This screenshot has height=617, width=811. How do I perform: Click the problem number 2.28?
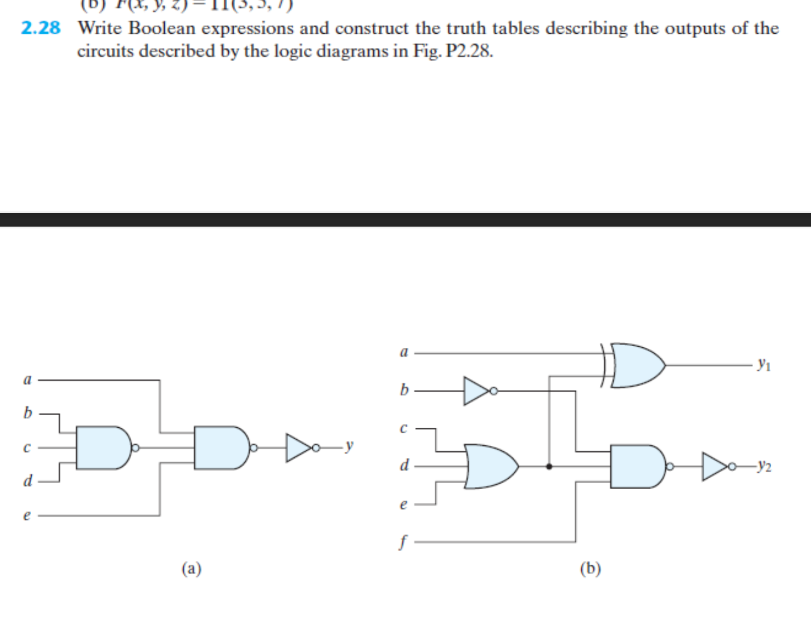pos(41,28)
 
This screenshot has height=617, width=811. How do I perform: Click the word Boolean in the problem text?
pos(161,28)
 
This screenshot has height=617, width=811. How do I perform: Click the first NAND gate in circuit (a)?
pos(103,448)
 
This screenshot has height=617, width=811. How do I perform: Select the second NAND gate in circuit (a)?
pos(222,448)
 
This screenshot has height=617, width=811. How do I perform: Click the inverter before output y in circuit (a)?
pos(300,448)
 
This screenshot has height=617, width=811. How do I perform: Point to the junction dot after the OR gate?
pos(549,467)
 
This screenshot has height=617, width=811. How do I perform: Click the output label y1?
pos(764,364)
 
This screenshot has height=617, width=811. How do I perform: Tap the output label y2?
pos(764,467)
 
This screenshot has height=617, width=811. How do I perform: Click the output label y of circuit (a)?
pos(349,445)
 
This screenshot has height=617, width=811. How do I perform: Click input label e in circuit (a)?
pos(27,515)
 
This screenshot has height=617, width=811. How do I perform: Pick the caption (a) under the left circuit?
pos(191,569)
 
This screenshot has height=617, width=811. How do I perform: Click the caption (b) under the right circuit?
pos(590,569)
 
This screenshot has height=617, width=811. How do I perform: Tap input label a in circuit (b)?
pos(403,352)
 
